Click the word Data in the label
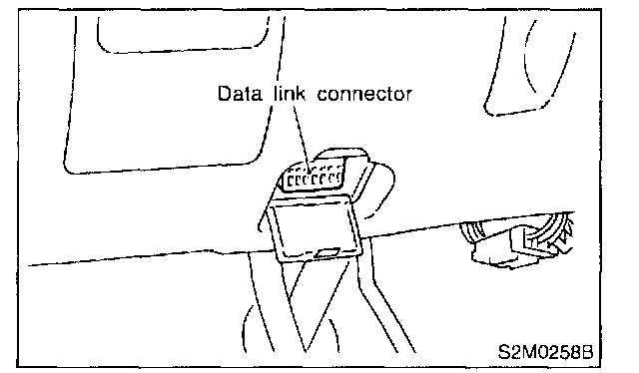point(240,94)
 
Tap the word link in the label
point(290,94)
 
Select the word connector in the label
point(364,94)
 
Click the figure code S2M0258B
point(545,351)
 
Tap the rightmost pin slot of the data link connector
point(337,178)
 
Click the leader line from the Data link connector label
point(301,138)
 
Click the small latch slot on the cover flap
point(327,253)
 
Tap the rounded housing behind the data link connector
point(358,180)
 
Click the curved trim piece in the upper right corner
point(530,65)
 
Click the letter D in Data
point(224,94)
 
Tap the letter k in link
point(301,94)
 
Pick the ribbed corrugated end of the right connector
point(472,233)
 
